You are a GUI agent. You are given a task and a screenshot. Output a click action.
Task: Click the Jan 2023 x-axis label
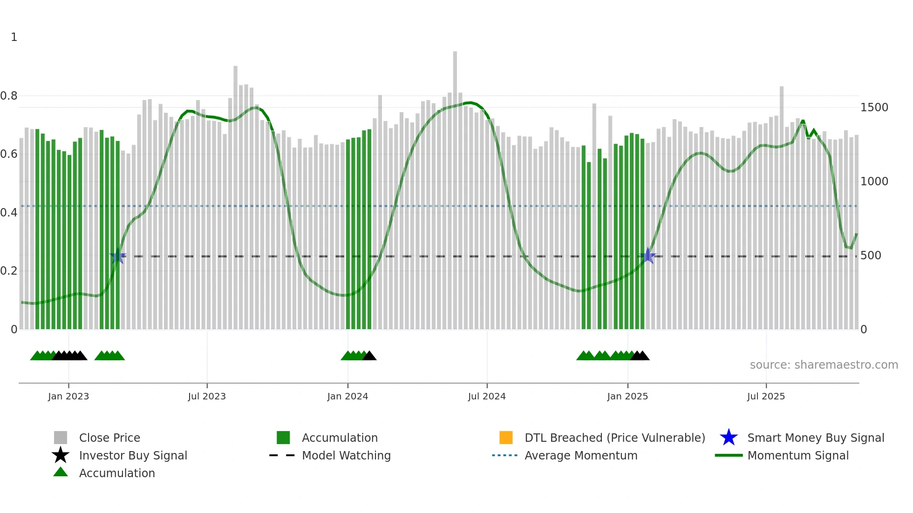[x=68, y=396]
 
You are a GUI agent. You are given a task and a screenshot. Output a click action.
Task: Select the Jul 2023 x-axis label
[x=207, y=396]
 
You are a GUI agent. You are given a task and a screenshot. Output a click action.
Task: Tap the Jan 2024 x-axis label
[x=347, y=396]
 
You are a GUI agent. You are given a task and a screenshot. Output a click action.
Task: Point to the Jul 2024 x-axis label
[x=487, y=396]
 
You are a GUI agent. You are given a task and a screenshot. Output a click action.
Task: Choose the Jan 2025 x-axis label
[x=627, y=396]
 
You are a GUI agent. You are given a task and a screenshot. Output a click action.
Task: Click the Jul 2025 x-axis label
[x=766, y=396]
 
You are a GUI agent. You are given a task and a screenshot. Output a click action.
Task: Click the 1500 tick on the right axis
[x=874, y=108]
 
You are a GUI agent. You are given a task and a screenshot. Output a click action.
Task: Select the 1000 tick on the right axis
[x=874, y=182]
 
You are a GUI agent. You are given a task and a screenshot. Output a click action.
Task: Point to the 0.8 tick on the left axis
[x=9, y=96]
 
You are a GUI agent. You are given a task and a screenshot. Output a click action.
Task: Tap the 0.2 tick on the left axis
[x=9, y=271]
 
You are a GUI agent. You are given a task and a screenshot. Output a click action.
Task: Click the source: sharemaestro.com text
[x=824, y=365]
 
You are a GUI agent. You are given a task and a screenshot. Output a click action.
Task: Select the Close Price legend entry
[x=109, y=438]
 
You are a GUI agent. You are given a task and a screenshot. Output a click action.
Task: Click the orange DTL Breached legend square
[x=506, y=438]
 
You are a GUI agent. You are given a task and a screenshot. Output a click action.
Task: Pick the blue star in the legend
[x=729, y=438]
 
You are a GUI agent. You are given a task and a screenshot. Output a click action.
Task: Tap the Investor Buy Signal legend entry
[x=133, y=455]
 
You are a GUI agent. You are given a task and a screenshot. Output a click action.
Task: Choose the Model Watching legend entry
[x=346, y=455]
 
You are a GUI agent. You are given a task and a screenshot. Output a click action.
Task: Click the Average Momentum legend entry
[x=581, y=455]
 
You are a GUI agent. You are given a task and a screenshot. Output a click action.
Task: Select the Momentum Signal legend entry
[x=798, y=455]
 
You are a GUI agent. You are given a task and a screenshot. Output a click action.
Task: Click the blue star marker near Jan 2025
[x=647, y=256]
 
